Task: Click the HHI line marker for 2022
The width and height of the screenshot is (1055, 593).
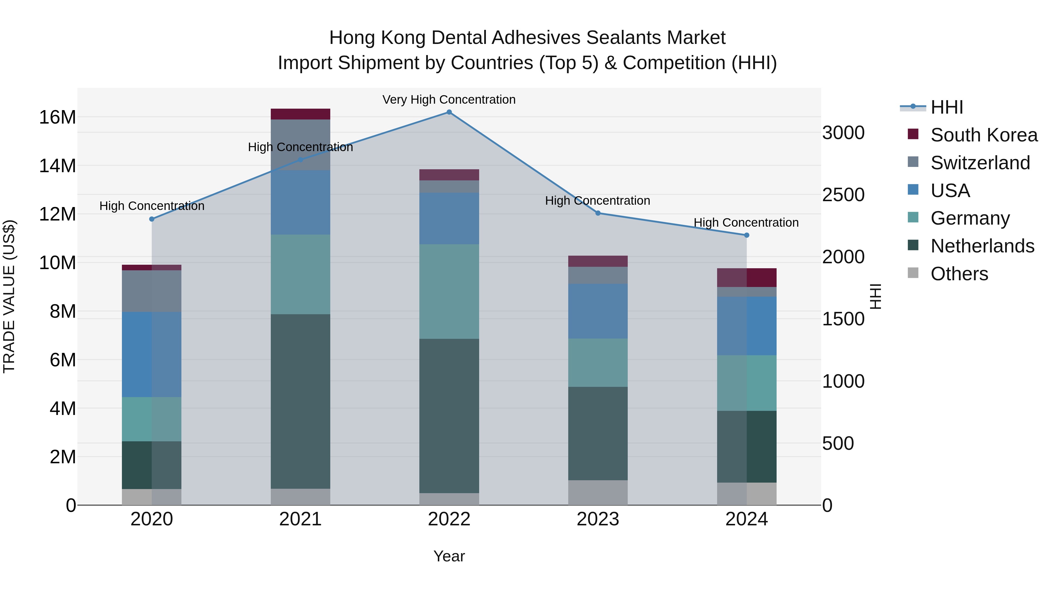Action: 449,112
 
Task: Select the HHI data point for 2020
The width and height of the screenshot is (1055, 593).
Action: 152,219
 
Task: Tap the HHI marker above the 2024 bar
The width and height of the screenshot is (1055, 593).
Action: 746,235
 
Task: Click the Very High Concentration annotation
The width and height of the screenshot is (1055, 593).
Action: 449,100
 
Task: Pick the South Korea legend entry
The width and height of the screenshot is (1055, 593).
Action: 984,135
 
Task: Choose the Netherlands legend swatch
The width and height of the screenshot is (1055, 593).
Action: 913,246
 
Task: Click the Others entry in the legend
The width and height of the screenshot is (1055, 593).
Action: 959,274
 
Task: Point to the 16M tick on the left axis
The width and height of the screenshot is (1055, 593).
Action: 57,117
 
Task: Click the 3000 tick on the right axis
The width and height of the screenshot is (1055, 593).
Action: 843,133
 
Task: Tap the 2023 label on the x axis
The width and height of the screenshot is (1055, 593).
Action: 598,519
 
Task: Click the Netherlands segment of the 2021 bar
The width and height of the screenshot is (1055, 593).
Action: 300,401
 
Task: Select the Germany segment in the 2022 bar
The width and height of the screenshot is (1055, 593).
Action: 449,291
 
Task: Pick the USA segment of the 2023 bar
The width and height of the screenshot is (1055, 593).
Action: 598,311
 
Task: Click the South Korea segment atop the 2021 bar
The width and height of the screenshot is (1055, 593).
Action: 300,114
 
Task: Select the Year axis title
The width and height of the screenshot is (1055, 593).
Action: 449,556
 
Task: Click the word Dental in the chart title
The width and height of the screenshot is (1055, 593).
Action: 459,38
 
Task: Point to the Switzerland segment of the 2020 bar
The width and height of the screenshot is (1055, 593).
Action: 152,291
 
